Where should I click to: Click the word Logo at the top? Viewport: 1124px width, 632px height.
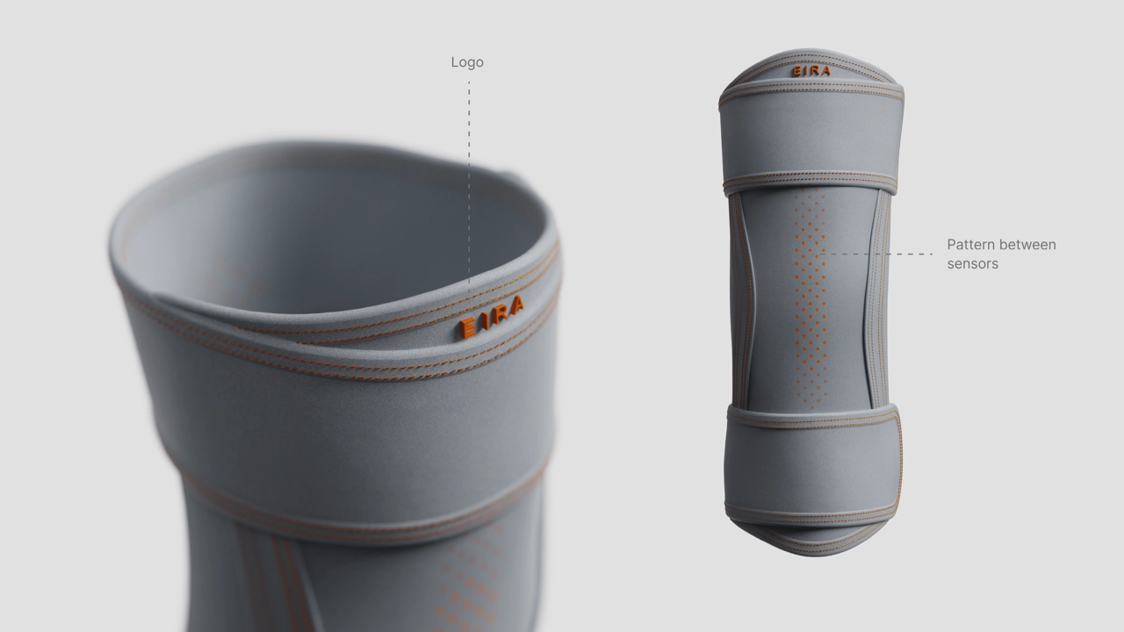pyautogui.click(x=467, y=62)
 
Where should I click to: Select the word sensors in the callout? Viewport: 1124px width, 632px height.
pyautogui.click(x=972, y=264)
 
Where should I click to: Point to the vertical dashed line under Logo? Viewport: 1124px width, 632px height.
pyautogui.click(x=469, y=190)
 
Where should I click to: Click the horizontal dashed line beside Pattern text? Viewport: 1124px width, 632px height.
pyautogui.click(x=875, y=255)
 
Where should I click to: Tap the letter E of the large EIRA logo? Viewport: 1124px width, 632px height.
pyautogui.click(x=467, y=327)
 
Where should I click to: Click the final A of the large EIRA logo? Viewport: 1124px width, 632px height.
pyautogui.click(x=515, y=305)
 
